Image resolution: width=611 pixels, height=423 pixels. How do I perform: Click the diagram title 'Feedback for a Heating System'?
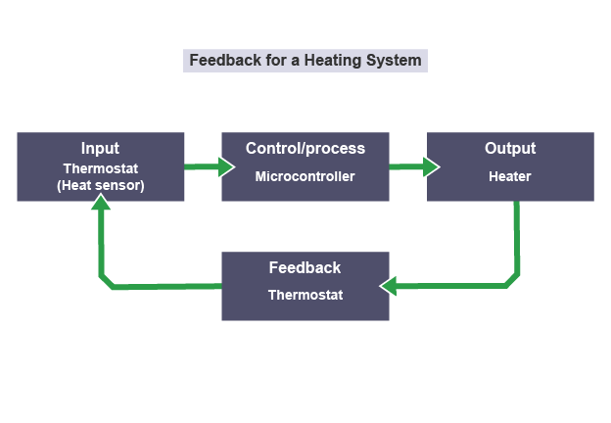pyautogui.click(x=305, y=60)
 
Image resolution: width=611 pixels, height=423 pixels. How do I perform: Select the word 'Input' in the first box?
pyautogui.click(x=100, y=149)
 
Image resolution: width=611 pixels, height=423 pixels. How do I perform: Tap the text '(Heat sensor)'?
pyautogui.click(x=100, y=185)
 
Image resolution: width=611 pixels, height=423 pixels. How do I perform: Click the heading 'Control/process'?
pyautogui.click(x=305, y=149)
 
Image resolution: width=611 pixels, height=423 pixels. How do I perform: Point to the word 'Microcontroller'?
pyautogui.click(x=305, y=177)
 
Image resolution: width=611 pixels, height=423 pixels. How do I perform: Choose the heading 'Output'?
pyautogui.click(x=510, y=149)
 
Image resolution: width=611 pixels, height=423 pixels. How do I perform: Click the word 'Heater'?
pyautogui.click(x=510, y=177)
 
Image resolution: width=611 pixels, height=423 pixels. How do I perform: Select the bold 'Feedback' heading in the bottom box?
pyautogui.click(x=305, y=267)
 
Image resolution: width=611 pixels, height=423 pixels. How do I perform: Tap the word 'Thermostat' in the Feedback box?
pyautogui.click(x=305, y=295)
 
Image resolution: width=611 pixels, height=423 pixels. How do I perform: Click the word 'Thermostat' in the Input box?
pyautogui.click(x=100, y=168)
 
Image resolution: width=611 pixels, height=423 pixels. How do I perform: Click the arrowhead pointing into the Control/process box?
pyautogui.click(x=226, y=167)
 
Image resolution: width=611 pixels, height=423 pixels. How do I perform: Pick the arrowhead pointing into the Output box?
pyautogui.click(x=431, y=167)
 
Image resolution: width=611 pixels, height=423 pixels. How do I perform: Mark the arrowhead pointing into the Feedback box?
pyautogui.click(x=389, y=286)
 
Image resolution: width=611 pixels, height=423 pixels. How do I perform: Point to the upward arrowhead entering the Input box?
pyautogui.click(x=101, y=203)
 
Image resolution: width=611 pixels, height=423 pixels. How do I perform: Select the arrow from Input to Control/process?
pyautogui.click(x=202, y=167)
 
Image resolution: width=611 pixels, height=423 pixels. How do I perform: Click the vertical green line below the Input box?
pyautogui.click(x=101, y=245)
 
